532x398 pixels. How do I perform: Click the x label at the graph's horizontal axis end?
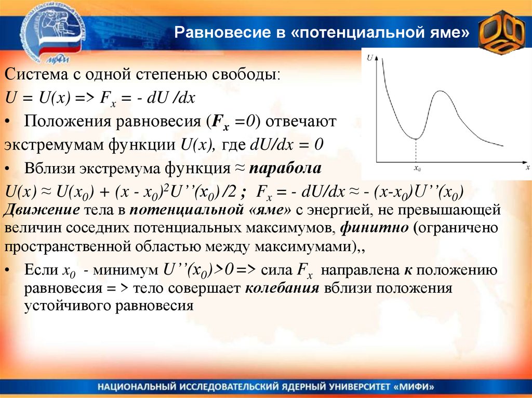527,168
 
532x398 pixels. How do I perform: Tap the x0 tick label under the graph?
417,168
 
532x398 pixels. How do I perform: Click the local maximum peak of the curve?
440,91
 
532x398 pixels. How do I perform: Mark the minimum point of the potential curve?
416,139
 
